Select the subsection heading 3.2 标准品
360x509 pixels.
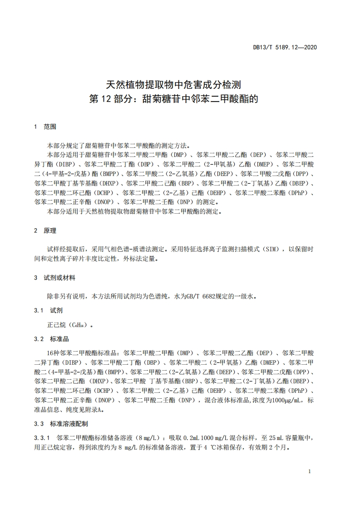coord(52,339)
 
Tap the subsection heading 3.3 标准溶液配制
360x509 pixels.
coord(61,424)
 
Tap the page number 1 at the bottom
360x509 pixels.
coord(309,471)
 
